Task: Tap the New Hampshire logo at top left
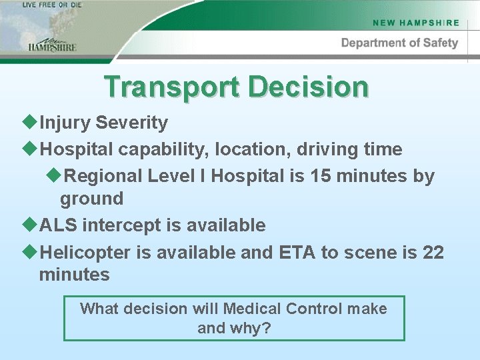[52, 43]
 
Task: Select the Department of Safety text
[399, 43]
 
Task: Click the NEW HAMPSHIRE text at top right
[416, 23]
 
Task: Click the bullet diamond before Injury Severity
[32, 123]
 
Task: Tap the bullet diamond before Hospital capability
[32, 149]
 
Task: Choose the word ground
[91, 199]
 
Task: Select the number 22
[433, 253]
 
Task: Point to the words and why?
[234, 329]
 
